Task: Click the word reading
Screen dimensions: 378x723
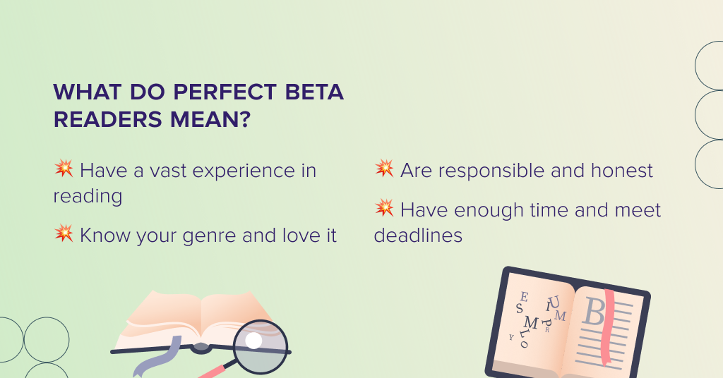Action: (x=88, y=196)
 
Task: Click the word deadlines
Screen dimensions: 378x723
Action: (x=418, y=236)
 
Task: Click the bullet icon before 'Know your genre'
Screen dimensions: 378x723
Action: (x=64, y=234)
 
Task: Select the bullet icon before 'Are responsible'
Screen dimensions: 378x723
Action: (x=384, y=169)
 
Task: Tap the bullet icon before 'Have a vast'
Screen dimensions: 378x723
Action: (x=64, y=169)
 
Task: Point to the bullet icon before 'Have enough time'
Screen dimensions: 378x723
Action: (x=384, y=209)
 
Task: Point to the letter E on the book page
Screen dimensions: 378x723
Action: (x=523, y=298)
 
